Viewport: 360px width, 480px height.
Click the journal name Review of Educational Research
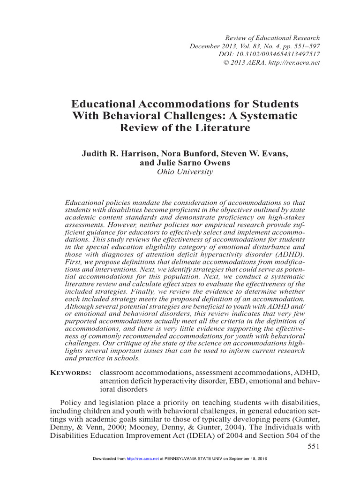click(x=273, y=37)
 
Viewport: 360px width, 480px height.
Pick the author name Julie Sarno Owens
click(x=180, y=163)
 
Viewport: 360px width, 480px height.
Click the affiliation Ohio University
click(x=180, y=172)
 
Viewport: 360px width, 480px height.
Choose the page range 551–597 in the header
click(x=303, y=46)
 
